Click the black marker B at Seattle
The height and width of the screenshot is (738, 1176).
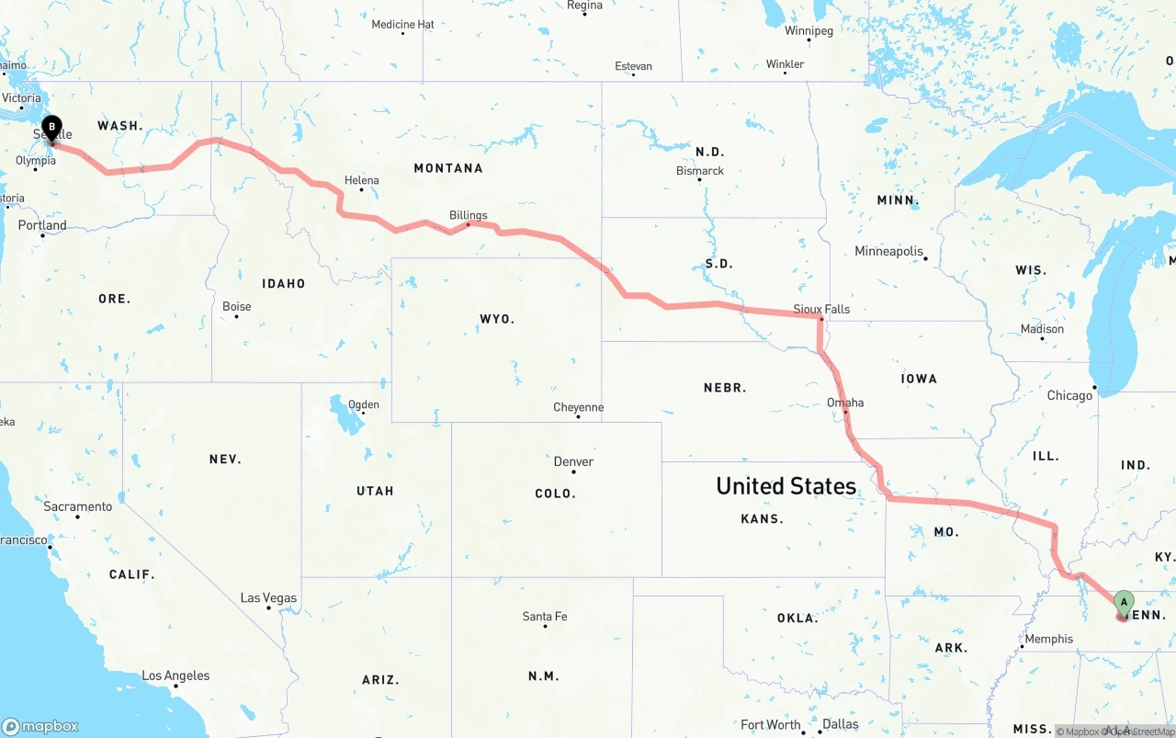(x=52, y=128)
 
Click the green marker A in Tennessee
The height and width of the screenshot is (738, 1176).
(x=1123, y=603)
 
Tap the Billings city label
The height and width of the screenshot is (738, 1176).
(x=469, y=216)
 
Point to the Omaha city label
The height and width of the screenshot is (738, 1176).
(x=845, y=403)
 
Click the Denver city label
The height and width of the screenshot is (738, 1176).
(x=573, y=461)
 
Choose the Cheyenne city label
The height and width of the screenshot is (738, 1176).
(x=578, y=407)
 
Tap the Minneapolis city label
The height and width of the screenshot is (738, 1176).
(x=888, y=251)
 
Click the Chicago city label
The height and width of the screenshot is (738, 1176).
(x=1070, y=395)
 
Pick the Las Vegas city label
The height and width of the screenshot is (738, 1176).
(x=268, y=597)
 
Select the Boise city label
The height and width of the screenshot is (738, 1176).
(x=236, y=307)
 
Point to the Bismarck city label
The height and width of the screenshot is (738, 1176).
(x=700, y=171)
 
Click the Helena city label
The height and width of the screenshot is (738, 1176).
(x=361, y=180)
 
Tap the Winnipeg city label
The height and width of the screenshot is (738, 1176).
(x=808, y=31)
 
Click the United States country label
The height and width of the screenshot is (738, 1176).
(x=786, y=485)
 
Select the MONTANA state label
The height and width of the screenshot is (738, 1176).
(x=448, y=168)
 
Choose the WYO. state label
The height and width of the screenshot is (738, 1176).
(x=497, y=319)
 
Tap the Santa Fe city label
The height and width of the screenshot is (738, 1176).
(x=545, y=616)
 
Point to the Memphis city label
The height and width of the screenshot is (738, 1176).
(x=1048, y=639)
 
